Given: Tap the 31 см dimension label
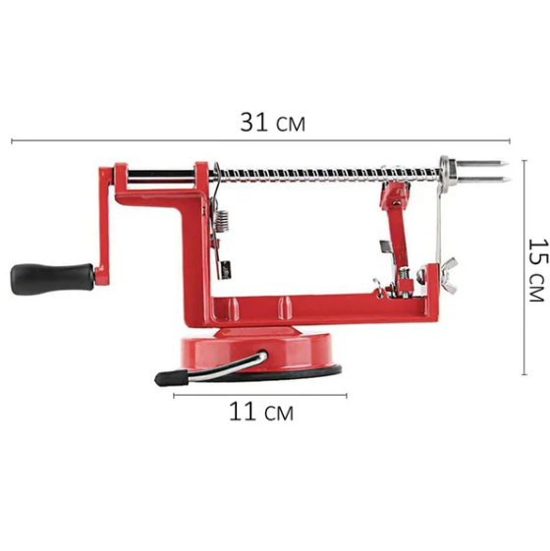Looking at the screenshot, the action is tap(272, 123).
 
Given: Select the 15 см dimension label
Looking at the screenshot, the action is tap(538, 270).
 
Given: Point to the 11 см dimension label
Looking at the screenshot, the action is tap(261, 412).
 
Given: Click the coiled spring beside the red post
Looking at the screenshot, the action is tap(222, 221).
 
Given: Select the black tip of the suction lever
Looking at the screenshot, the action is tap(172, 378).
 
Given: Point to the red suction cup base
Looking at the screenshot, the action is tap(255, 351).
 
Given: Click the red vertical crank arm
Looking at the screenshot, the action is tap(104, 225).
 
